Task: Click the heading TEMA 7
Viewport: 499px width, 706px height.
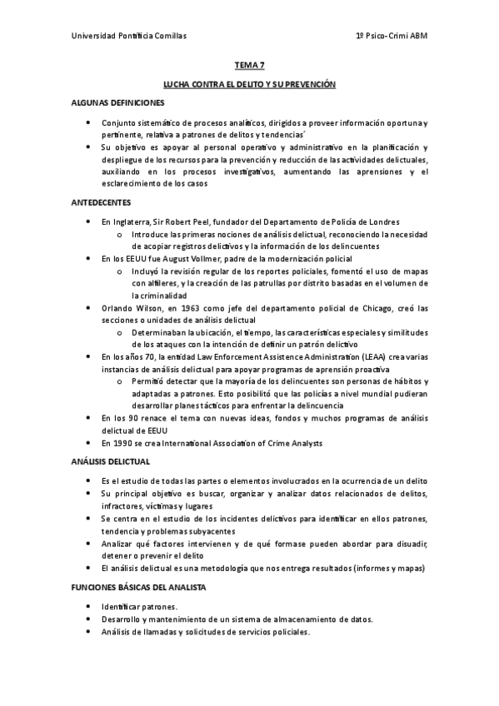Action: tap(249, 65)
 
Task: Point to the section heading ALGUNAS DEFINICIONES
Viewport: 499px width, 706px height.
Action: tap(117, 102)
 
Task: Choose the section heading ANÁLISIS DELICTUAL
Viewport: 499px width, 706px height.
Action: tap(110, 460)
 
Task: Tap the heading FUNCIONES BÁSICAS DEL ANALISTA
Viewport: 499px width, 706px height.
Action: tap(137, 587)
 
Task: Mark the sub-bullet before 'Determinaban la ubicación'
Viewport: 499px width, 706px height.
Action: tap(121, 332)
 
